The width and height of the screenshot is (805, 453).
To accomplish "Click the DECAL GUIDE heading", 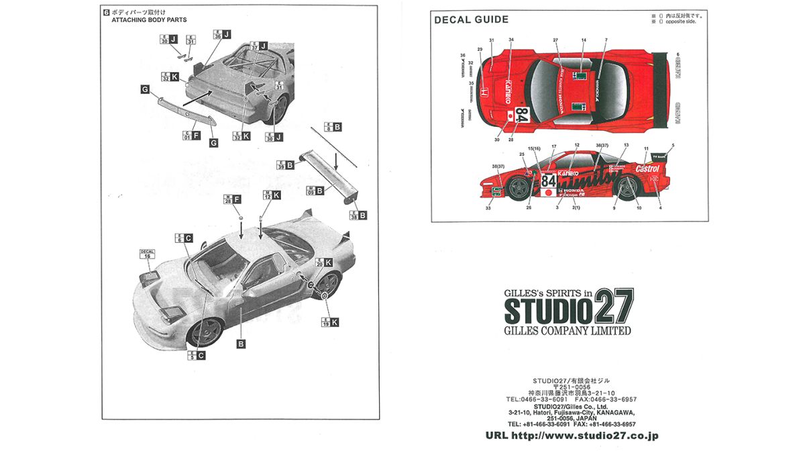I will click(x=471, y=19).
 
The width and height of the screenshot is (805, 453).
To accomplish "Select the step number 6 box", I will click(x=106, y=12).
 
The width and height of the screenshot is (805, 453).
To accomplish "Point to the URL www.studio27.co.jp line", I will click(x=572, y=436).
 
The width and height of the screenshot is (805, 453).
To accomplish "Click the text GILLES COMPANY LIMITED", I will click(x=568, y=331).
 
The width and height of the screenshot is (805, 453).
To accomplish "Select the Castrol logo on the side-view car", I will click(x=647, y=168).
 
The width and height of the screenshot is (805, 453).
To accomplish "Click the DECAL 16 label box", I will click(x=147, y=254).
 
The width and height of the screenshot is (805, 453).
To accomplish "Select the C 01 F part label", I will click(x=192, y=136).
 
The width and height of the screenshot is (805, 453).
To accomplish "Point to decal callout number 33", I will click(x=488, y=209).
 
